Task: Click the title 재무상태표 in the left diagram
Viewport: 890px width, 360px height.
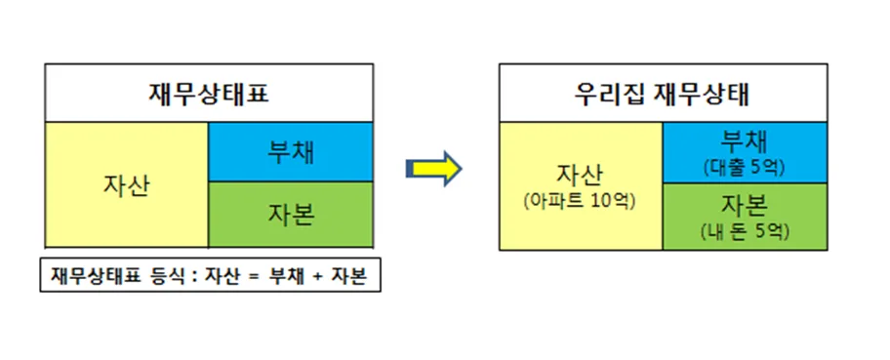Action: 210,95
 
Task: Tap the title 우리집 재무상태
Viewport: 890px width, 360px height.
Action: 662,95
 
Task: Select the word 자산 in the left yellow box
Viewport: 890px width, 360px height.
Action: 126,185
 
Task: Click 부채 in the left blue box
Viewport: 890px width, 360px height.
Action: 291,152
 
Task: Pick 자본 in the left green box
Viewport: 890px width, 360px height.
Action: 291,215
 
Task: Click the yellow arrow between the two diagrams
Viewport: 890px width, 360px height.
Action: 434,169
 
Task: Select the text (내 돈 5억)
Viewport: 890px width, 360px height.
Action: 745,231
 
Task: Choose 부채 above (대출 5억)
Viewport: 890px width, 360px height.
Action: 745,144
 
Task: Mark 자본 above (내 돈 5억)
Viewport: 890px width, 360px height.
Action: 745,207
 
